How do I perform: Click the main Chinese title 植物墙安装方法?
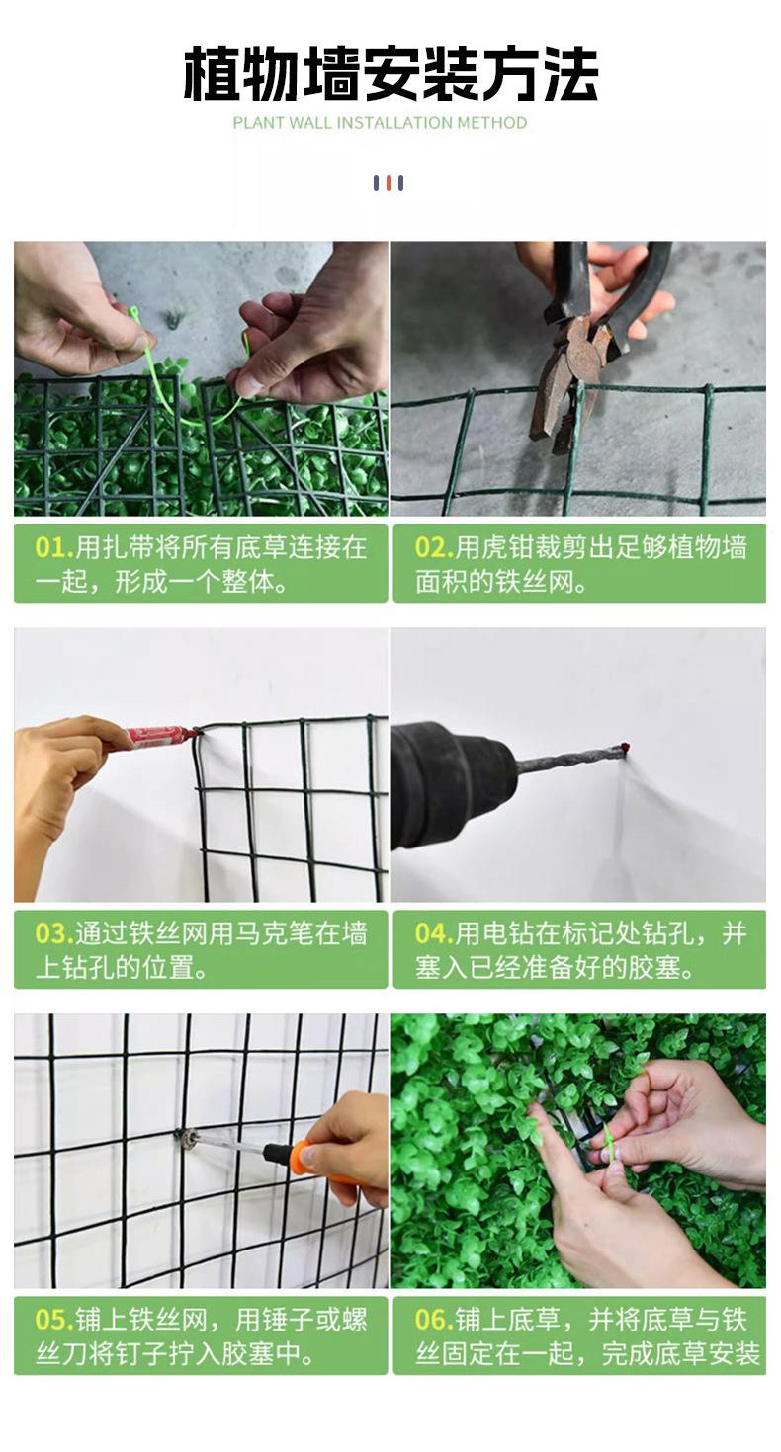pos(390,74)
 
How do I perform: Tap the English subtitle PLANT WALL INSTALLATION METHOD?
pos(381,122)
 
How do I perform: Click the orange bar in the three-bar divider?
pos(389,183)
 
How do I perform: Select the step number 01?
pos(54,548)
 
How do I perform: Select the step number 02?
pos(434,548)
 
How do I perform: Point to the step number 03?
pos(54,934)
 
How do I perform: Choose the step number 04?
pos(434,934)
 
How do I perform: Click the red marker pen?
pos(159,737)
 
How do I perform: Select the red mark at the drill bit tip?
pos(626,748)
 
